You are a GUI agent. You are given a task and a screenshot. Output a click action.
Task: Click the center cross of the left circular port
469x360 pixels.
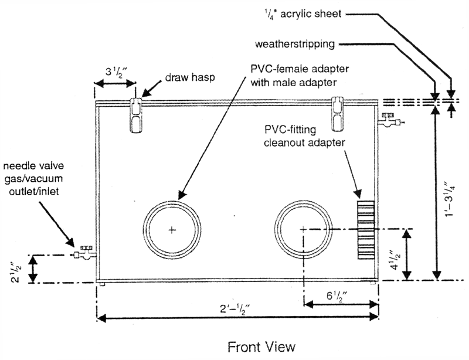point(171,229)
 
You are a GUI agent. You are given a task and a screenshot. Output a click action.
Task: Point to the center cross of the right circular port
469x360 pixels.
point(303,229)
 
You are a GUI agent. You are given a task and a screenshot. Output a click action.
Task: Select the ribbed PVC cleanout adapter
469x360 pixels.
point(365,229)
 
